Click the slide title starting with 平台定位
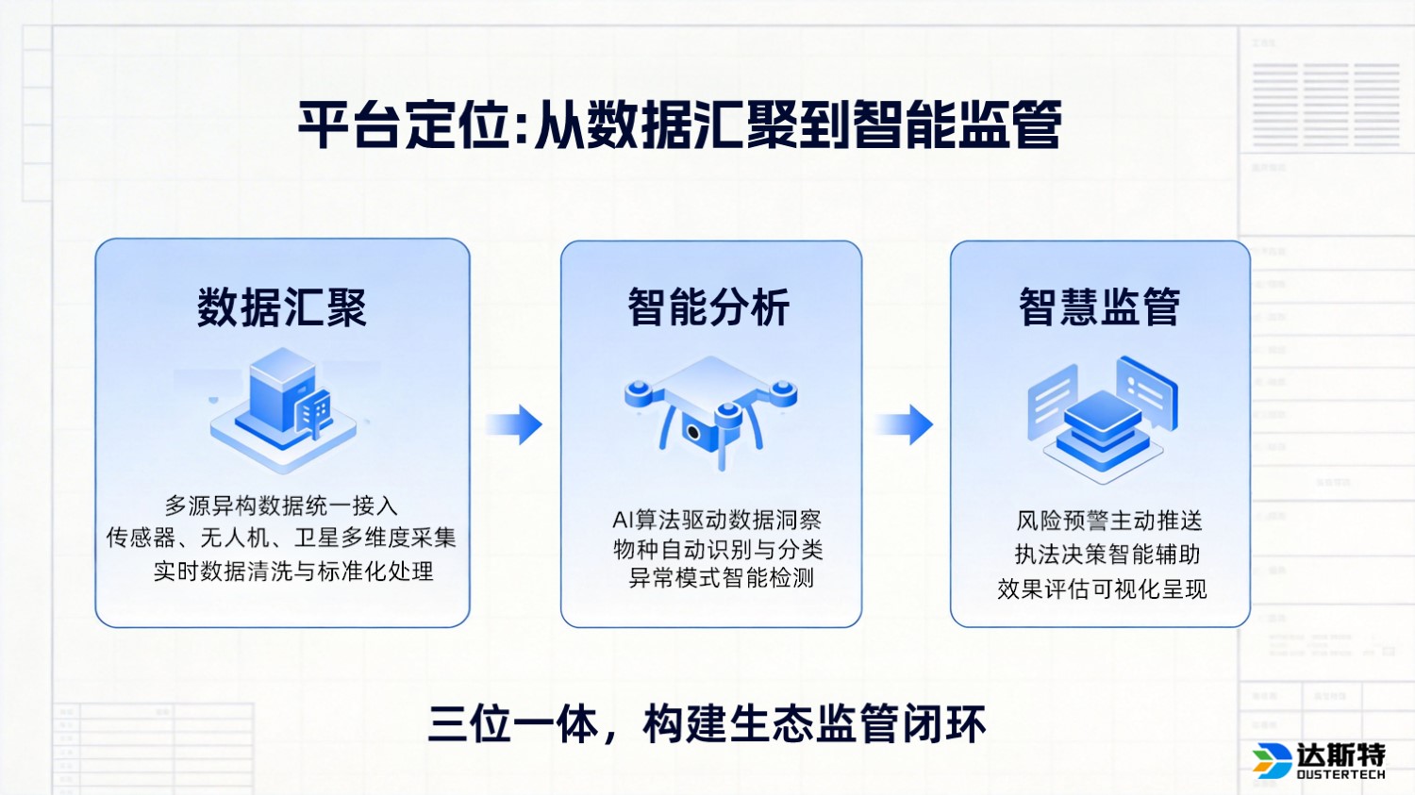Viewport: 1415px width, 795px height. coord(679,124)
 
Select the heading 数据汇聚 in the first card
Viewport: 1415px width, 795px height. coord(281,307)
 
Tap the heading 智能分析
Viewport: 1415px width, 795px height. coord(709,307)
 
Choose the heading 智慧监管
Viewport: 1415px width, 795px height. coord(1099,307)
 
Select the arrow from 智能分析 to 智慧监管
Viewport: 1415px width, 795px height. coord(906,424)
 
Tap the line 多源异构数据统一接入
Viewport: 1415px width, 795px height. coord(281,506)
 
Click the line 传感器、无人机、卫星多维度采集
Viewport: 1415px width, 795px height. coord(281,538)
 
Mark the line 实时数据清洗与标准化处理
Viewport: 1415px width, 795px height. coord(293,571)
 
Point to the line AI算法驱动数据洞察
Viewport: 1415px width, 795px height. coord(717,520)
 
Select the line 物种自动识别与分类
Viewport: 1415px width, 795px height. coord(718,549)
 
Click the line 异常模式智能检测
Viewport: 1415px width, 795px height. coord(721,578)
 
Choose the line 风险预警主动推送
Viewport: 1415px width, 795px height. coord(1108,521)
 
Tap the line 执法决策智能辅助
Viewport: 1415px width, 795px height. coord(1107,555)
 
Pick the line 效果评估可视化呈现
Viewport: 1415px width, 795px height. coord(1102,589)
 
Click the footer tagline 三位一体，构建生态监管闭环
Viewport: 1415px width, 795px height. coord(707,724)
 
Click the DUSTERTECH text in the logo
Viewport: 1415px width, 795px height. coord(1340,775)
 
